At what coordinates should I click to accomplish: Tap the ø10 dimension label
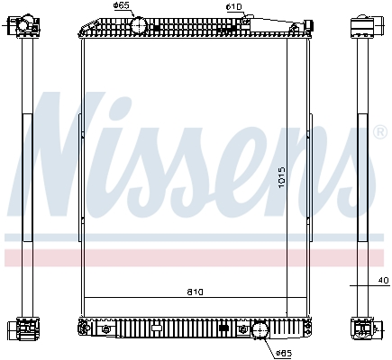click(233, 6)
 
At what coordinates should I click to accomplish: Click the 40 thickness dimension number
click(384, 281)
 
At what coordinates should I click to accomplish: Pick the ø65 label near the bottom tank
click(282, 352)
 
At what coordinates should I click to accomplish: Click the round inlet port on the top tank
click(139, 26)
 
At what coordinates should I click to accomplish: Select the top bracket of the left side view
click(27, 24)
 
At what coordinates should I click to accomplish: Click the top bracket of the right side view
click(364, 24)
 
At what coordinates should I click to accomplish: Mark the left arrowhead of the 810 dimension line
click(87, 299)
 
